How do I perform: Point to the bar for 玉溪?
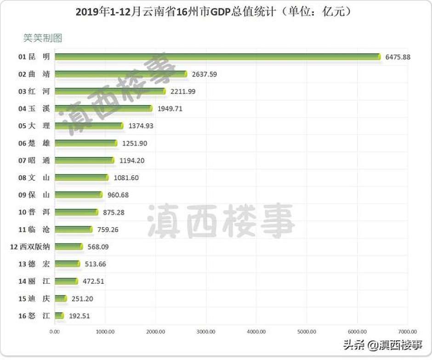click(x=103, y=108)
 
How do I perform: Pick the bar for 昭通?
click(x=85, y=160)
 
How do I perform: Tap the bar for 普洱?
click(x=76, y=212)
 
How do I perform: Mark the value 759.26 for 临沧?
click(x=108, y=229)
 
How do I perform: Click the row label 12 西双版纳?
click(x=30, y=247)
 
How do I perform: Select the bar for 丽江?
click(x=66, y=281)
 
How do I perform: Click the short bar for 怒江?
click(x=59, y=315)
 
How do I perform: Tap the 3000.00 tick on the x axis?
click(x=206, y=331)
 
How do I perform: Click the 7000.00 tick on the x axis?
click(x=407, y=331)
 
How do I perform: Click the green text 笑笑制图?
click(x=42, y=38)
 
